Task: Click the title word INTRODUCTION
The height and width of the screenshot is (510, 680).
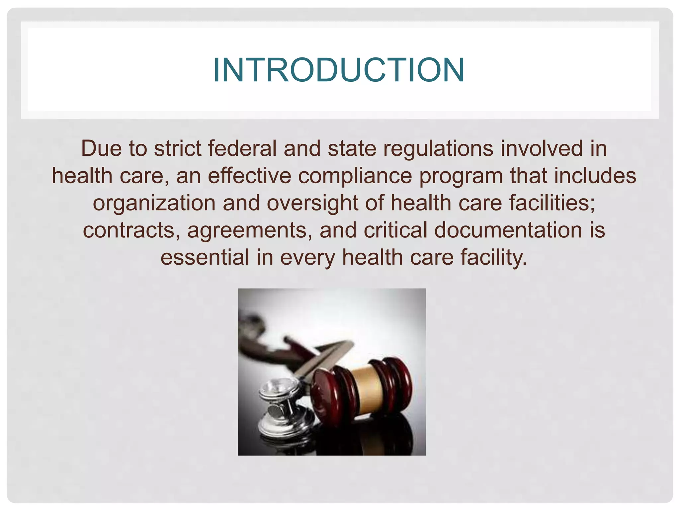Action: (x=339, y=70)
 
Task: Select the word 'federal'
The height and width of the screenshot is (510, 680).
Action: (x=242, y=148)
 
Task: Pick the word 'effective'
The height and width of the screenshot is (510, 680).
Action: (x=249, y=176)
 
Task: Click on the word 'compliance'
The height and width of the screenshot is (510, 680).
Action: (x=355, y=176)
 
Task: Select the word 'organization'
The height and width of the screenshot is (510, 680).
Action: (x=154, y=204)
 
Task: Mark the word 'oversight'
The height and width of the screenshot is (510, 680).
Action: (x=312, y=204)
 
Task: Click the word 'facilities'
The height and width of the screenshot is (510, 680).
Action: (x=552, y=203)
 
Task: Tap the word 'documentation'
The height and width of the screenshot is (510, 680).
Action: (x=508, y=230)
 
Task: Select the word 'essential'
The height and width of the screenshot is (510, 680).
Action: (x=205, y=257)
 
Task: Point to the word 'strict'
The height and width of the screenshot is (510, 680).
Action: (x=177, y=148)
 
